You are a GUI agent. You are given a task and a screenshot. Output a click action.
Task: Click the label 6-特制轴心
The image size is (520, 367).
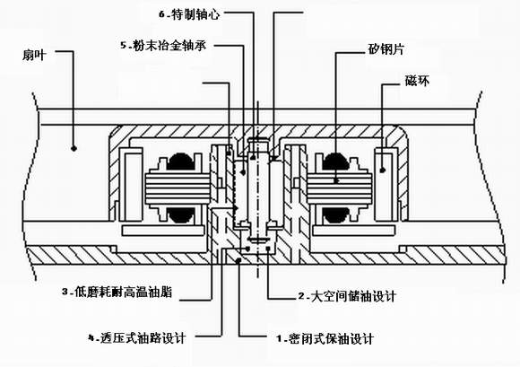(x=189, y=14)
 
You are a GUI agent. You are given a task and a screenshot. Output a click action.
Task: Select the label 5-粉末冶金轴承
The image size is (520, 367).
(x=163, y=45)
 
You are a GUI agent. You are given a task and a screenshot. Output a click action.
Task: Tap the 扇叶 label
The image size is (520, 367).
(x=34, y=55)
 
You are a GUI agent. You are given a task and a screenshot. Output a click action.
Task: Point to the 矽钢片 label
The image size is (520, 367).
(x=386, y=49)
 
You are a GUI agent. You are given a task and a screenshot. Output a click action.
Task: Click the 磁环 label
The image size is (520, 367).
(x=417, y=81)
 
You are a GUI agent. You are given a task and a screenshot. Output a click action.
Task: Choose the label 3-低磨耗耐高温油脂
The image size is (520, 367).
(x=117, y=293)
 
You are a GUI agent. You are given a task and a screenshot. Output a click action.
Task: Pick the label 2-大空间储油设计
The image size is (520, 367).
(x=347, y=296)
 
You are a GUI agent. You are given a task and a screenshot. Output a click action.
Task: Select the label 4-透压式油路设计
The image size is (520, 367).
(x=136, y=338)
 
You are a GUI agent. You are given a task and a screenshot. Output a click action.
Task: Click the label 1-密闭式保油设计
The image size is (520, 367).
(x=325, y=339)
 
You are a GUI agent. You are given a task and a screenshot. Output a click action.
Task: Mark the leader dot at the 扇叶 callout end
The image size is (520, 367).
(x=74, y=148)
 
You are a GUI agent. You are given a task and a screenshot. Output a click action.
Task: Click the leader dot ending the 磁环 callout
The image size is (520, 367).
(x=382, y=170)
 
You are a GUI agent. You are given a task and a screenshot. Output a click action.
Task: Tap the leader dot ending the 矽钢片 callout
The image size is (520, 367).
(x=336, y=181)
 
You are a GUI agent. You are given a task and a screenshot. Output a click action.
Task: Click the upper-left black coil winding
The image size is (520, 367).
(x=181, y=162)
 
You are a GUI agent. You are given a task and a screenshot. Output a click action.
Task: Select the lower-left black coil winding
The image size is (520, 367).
(x=181, y=215)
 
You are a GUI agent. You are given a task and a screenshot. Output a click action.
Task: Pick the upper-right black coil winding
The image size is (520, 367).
(x=335, y=162)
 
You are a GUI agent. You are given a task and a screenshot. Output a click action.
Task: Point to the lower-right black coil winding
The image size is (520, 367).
(x=335, y=215)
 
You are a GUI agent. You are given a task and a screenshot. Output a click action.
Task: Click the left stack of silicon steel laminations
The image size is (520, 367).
(x=178, y=188)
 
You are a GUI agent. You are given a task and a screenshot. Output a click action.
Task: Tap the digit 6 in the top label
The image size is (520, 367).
(x=162, y=14)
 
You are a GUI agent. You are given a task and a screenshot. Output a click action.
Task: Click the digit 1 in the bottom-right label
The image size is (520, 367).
(x=279, y=339)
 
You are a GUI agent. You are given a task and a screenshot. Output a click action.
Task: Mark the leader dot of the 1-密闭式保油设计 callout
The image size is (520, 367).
(x=238, y=260)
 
